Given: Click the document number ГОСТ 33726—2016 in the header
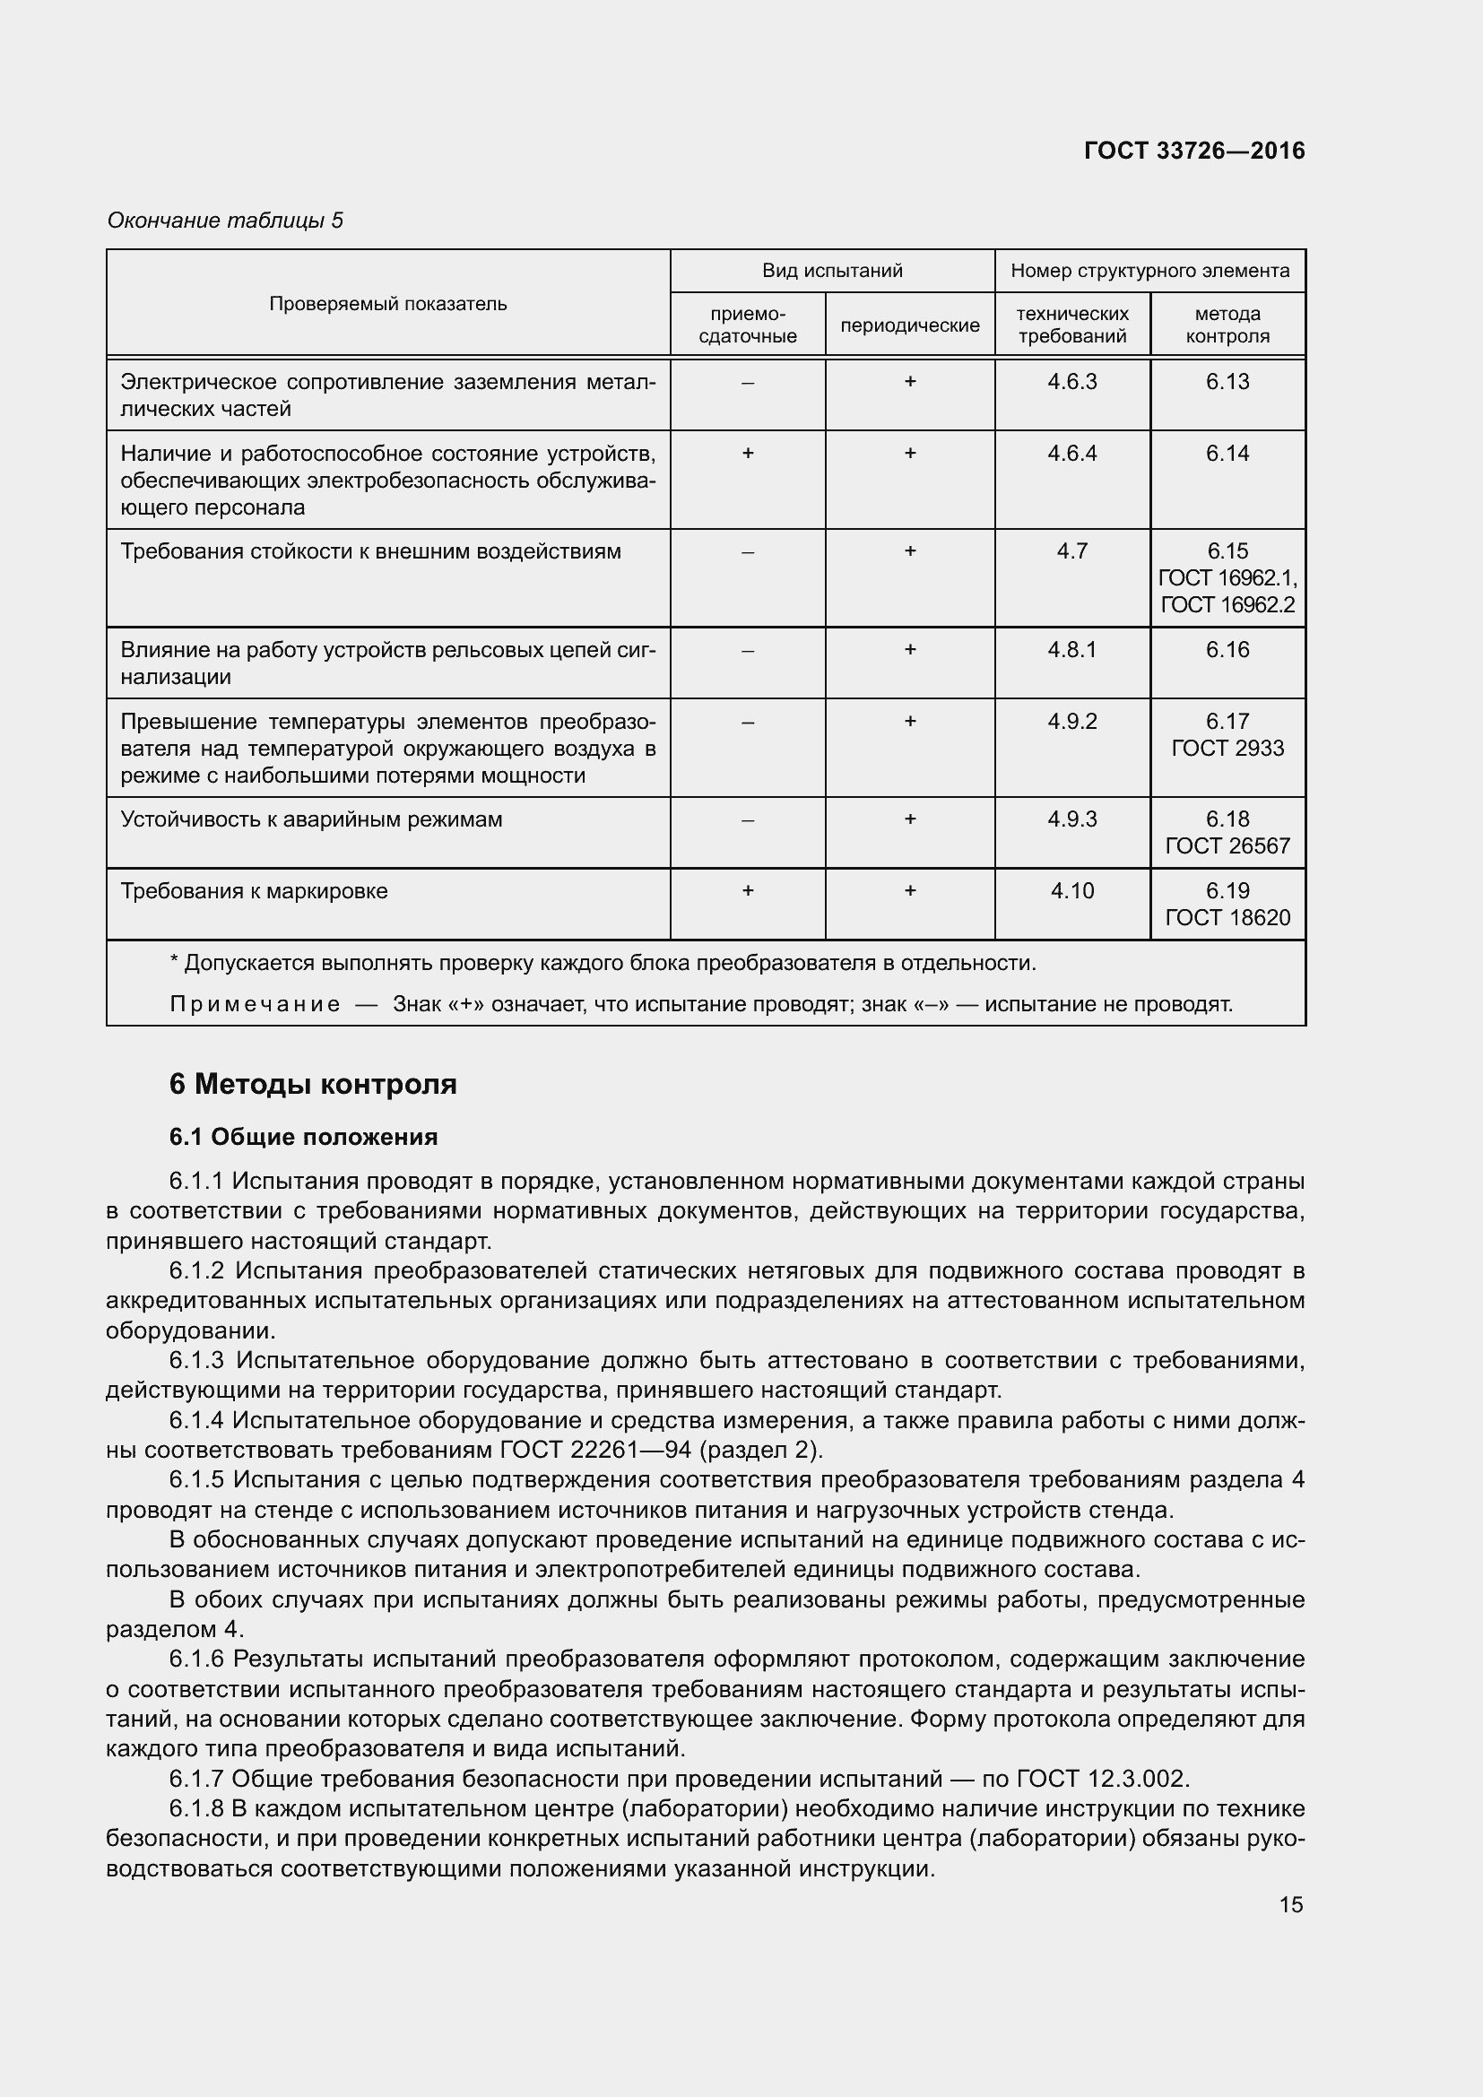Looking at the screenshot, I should click(1193, 151).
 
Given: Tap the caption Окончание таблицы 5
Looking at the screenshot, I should click(225, 221).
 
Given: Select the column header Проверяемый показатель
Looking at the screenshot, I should click(387, 303).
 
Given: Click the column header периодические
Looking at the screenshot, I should click(909, 325).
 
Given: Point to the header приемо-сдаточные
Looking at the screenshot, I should click(747, 325).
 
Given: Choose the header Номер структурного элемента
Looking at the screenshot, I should click(1149, 271).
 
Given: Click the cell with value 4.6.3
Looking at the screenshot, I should click(1071, 382).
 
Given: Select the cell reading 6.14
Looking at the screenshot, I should click(1227, 453).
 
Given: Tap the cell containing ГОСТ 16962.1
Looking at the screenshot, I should click(1227, 578).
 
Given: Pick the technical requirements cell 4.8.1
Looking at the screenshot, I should click(1071, 649).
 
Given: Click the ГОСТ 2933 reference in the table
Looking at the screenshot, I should click(1227, 748).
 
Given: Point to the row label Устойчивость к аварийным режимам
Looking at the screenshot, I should click(311, 819).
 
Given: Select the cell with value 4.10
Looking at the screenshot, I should click(1071, 890).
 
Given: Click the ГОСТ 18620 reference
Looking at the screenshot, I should click(1227, 917).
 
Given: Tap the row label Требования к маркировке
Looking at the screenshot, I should click(254, 890).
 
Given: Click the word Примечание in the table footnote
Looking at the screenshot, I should click(255, 1005).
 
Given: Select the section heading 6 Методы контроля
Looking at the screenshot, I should click(312, 1084).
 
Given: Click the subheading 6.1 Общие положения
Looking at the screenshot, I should click(303, 1137).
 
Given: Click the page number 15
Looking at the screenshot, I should click(1290, 1904).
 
